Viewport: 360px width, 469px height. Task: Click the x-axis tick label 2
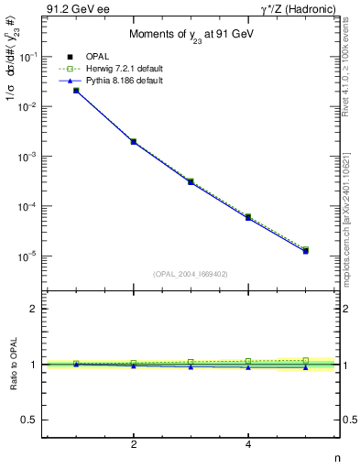[134, 444]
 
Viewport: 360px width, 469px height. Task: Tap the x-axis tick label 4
[248, 444]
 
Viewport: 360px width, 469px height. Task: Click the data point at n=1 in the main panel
[76, 90]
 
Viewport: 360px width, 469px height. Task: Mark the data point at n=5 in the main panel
[305, 250]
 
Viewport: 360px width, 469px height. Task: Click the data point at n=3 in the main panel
[191, 181]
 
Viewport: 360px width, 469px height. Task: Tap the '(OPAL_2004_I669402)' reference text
[191, 273]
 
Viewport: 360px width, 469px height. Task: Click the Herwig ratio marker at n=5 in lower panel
[305, 360]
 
